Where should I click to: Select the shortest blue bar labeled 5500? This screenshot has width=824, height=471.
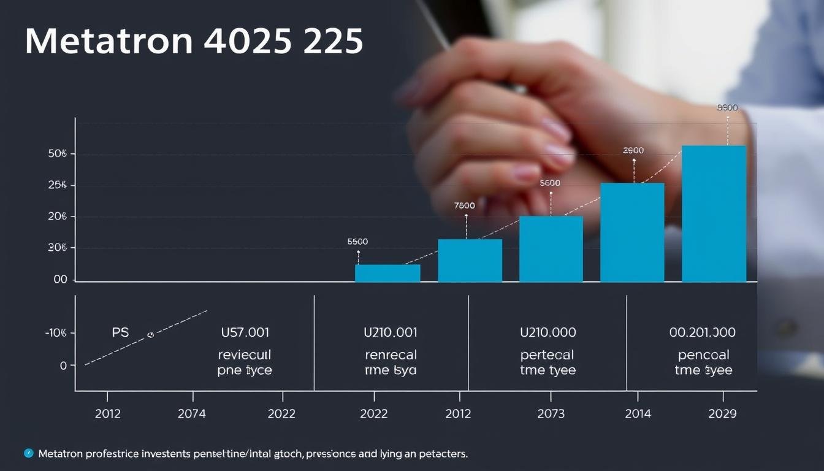387,273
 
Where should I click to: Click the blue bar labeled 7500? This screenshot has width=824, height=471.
470,261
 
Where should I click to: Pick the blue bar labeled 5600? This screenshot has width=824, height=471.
551,249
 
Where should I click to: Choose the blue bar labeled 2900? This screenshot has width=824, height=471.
632,232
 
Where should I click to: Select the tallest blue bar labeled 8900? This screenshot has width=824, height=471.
714,213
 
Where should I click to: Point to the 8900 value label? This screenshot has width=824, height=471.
727,108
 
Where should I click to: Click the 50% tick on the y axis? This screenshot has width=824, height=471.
57,154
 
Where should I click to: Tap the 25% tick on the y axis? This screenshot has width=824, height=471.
57,185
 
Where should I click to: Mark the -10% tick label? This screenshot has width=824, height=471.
55,333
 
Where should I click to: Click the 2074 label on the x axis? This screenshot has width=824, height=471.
192,414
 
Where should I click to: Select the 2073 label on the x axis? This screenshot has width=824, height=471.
551,414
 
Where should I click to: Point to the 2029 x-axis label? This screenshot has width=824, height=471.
722,414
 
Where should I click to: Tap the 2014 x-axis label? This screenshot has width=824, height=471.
638,414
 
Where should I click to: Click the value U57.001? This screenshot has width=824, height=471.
245,333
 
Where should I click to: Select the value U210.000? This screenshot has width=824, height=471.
547,333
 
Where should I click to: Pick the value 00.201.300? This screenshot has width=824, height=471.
703,333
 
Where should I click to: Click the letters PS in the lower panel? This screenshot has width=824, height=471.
121,333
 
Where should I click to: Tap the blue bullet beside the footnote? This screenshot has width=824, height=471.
28,453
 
